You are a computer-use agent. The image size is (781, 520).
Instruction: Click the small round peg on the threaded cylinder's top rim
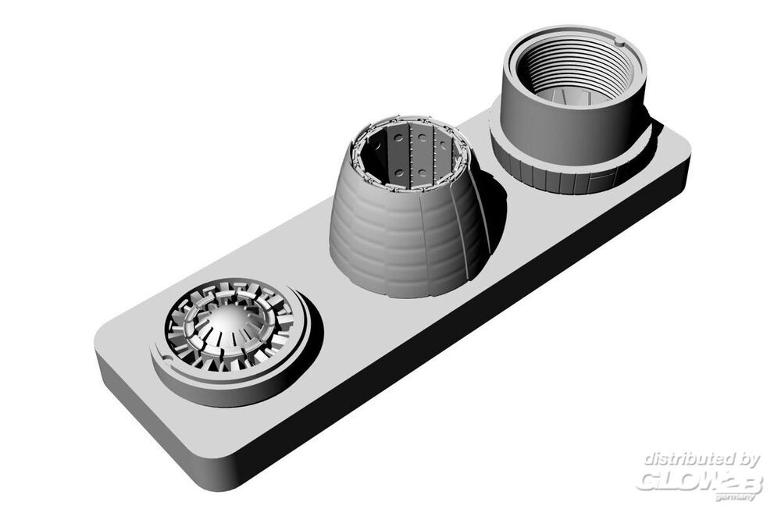(618, 41)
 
